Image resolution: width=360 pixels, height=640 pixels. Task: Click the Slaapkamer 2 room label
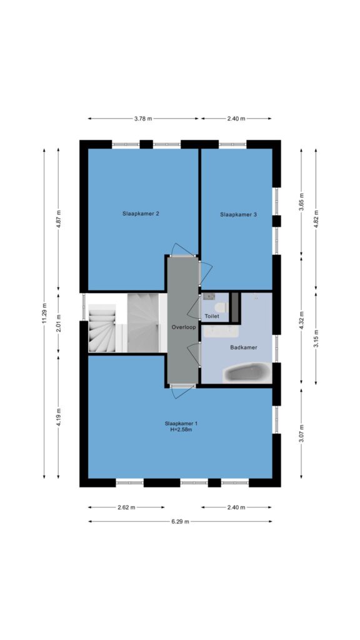click(x=141, y=214)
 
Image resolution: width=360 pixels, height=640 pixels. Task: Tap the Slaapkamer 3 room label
click(x=238, y=214)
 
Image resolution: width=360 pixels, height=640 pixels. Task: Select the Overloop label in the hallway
click(x=184, y=327)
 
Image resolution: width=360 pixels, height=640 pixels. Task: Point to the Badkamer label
click(x=244, y=347)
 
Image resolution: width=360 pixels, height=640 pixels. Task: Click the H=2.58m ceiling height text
click(x=181, y=429)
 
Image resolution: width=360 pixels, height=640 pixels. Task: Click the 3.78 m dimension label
click(x=143, y=119)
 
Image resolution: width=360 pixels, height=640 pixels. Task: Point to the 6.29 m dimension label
click(x=180, y=521)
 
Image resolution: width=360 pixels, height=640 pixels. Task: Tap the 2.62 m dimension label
click(x=126, y=507)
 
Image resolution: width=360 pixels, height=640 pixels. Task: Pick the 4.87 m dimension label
click(x=58, y=220)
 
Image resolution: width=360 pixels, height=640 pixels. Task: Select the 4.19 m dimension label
click(x=58, y=417)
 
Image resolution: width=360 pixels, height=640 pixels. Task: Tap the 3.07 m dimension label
click(x=301, y=433)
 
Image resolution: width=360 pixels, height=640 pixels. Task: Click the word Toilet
click(x=212, y=316)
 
